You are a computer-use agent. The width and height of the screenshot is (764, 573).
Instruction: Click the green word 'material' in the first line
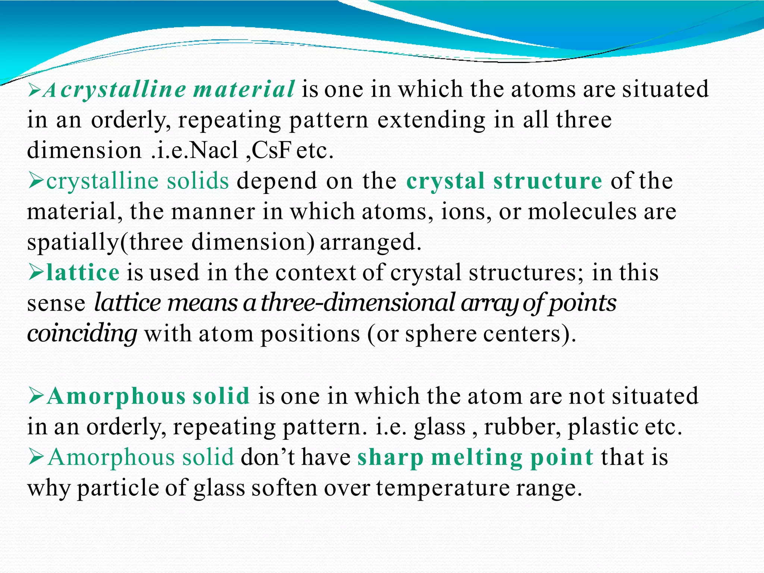pyautogui.click(x=244, y=90)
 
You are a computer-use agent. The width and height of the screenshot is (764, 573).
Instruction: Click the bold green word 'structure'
pyautogui.click(x=548, y=181)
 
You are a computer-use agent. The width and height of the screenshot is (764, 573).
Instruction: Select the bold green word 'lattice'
pyautogui.click(x=83, y=272)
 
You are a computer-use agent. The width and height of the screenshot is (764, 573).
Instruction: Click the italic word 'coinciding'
pyautogui.click(x=82, y=333)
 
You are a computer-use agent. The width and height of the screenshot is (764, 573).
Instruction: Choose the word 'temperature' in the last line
pyautogui.click(x=442, y=488)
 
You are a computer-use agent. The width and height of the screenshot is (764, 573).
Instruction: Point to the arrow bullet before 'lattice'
pyautogui.click(x=36, y=272)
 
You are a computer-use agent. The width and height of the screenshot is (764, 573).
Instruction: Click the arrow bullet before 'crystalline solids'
pyautogui.click(x=36, y=181)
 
